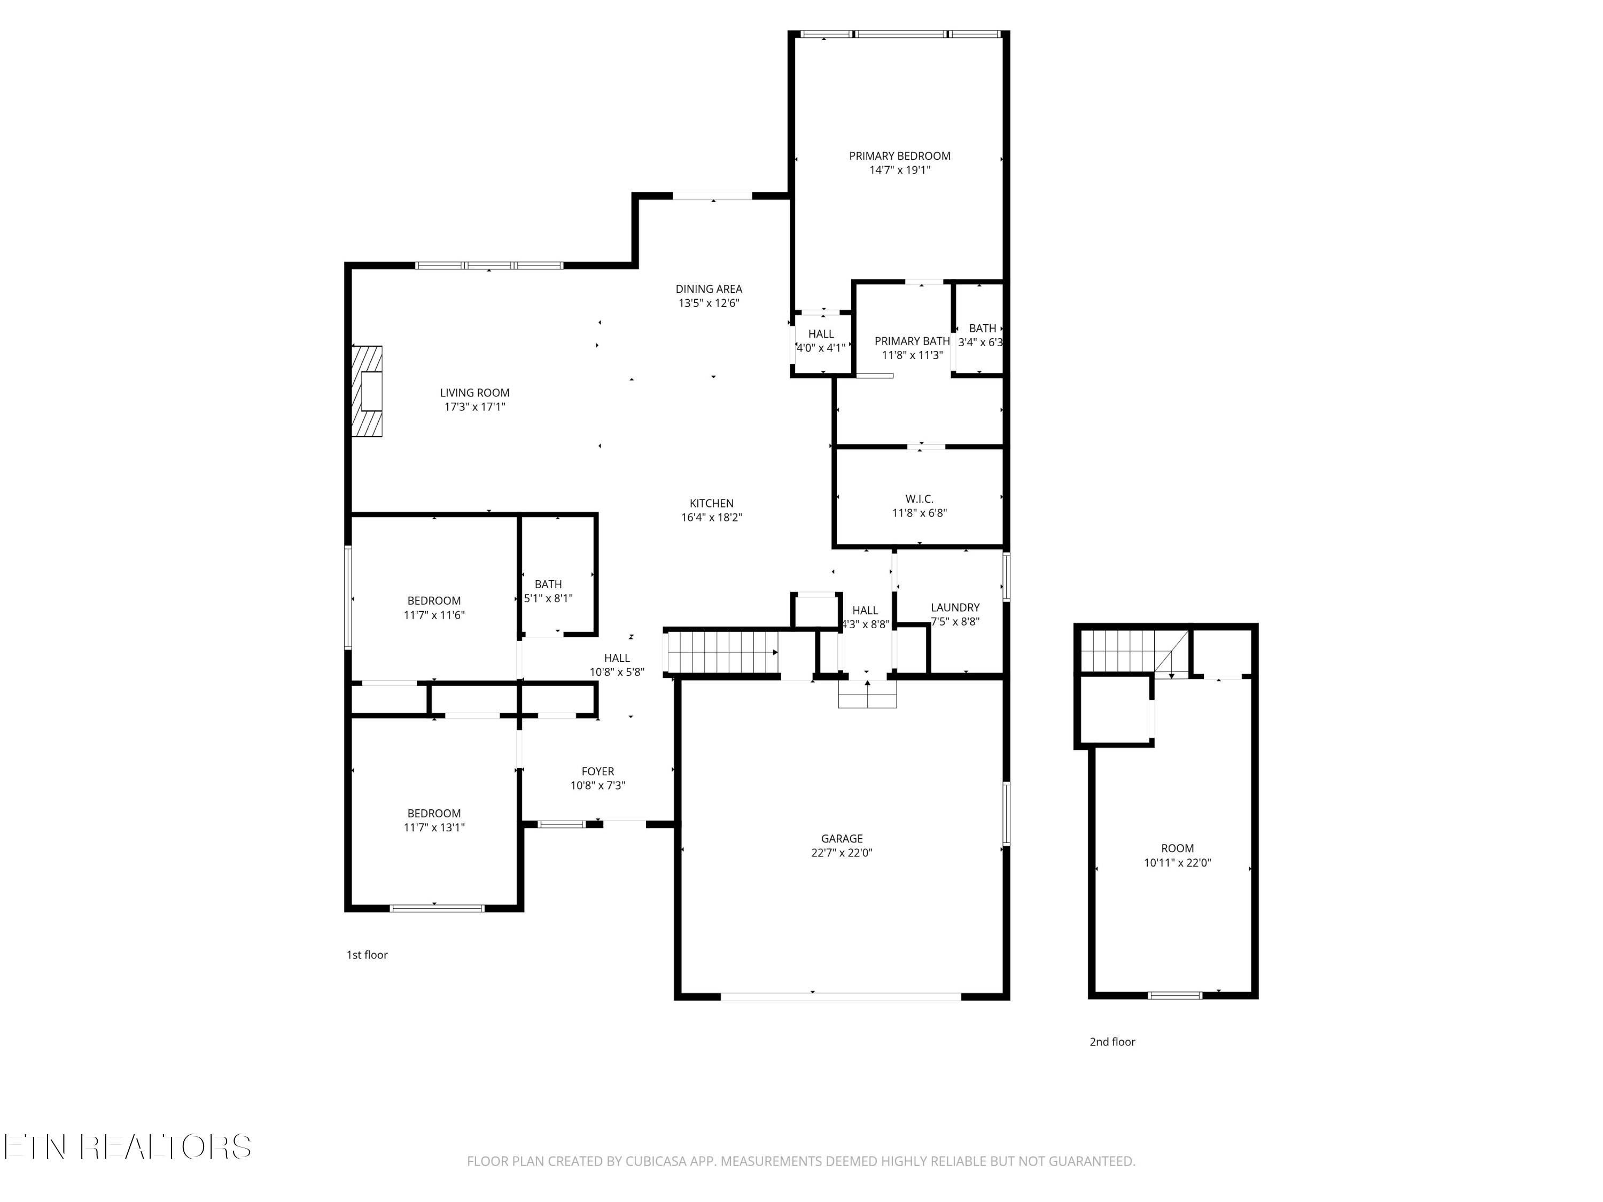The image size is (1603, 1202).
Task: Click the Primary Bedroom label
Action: click(899, 156)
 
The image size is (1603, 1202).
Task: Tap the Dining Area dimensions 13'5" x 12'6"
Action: click(709, 303)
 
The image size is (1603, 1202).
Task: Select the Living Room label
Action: click(474, 393)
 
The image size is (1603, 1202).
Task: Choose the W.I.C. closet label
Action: click(919, 499)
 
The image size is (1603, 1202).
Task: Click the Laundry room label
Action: click(955, 608)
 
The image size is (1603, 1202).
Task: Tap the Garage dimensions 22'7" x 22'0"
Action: click(842, 853)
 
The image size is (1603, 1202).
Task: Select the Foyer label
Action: click(598, 771)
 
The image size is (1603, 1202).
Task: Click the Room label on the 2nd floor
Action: click(1178, 848)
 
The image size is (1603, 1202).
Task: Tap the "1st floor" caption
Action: click(367, 955)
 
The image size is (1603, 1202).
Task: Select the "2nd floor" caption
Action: click(1112, 1042)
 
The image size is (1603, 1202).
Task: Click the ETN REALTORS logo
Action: click(128, 1147)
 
